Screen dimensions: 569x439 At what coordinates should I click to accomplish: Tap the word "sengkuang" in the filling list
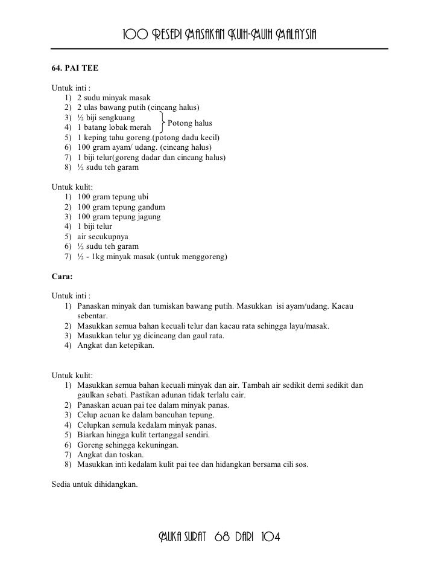pos(118,118)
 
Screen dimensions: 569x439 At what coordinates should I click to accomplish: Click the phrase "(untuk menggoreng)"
pos(191,257)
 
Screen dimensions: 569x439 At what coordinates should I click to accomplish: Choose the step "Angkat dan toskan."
pos(110,454)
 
